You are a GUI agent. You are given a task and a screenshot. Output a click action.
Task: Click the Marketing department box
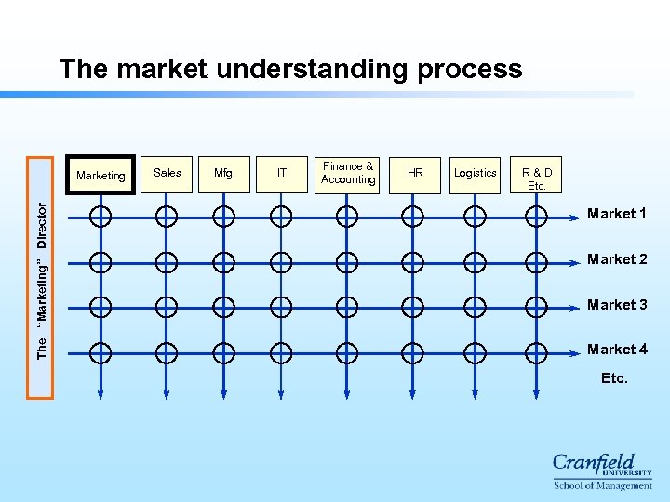point(100,175)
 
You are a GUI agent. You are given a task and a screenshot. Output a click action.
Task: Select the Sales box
point(167,174)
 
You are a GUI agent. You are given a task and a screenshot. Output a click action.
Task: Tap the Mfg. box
point(224,174)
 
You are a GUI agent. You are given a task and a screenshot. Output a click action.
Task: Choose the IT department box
point(282,174)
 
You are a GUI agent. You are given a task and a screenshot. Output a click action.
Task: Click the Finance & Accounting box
point(348,174)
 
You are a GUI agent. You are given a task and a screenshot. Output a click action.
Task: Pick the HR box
point(415,174)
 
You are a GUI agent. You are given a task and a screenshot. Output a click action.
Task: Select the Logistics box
point(476,174)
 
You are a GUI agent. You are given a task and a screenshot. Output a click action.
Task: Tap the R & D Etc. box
point(537,174)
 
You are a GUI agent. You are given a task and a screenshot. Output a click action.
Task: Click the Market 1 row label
point(617,214)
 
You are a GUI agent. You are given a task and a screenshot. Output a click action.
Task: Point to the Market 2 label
point(617,259)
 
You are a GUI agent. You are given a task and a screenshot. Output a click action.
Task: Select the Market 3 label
point(617,305)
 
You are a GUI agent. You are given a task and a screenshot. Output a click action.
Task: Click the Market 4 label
point(617,350)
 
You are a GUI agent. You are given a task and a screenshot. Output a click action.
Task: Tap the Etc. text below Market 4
point(614,378)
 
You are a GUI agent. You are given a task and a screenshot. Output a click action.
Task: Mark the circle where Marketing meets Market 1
point(100,217)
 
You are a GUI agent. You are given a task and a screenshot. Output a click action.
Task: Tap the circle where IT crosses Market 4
point(280,351)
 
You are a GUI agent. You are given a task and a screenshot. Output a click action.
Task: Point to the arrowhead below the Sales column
point(166,395)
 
